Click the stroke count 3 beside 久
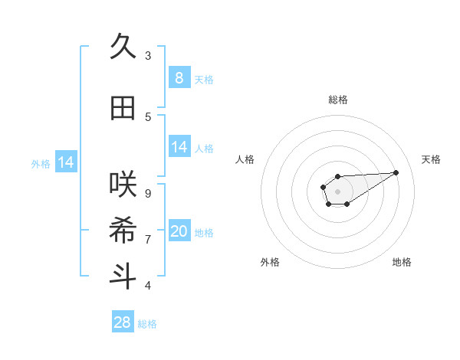pos(148,56)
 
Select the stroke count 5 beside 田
pos(148,117)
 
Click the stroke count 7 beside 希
pos(148,239)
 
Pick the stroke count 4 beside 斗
pos(148,285)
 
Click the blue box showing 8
pos(179,77)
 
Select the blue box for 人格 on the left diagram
pos(179,147)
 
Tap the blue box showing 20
pos(179,231)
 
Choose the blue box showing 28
pos(123,322)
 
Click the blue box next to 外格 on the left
pos(66,162)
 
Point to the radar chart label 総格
pos(338,100)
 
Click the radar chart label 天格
pos(431,159)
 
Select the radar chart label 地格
pos(402,262)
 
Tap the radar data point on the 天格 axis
pos(396,172)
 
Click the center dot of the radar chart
pos(337,190)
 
